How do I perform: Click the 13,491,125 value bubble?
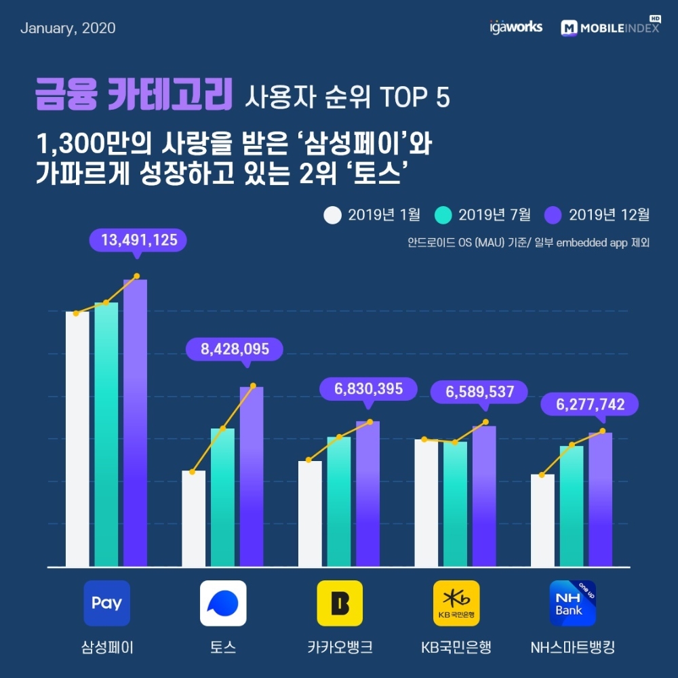click(138, 240)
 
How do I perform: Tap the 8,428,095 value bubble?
click(235, 349)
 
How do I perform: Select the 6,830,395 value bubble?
click(368, 389)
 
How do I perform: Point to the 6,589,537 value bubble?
click(480, 392)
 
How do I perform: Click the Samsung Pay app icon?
click(106, 603)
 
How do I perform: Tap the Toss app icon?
click(223, 603)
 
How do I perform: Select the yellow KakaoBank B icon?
click(340, 603)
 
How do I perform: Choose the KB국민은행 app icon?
click(456, 603)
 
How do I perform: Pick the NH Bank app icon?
click(572, 603)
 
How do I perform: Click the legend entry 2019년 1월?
click(372, 215)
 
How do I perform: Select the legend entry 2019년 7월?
click(482, 215)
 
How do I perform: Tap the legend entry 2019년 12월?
click(597, 215)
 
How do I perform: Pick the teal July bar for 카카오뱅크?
click(339, 502)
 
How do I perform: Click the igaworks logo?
click(515, 28)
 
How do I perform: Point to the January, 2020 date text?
click(68, 28)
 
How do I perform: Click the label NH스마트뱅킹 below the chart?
click(572, 647)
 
